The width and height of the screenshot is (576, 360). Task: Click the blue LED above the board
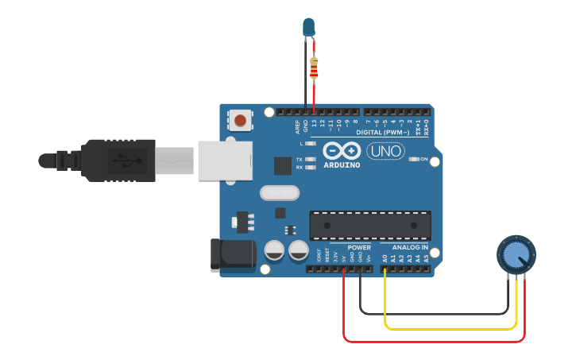[308, 28]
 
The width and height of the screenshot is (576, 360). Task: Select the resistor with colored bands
[314, 68]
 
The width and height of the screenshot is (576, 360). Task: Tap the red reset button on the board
[239, 121]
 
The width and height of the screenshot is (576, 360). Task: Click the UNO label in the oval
[385, 150]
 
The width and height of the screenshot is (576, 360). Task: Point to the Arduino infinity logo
[342, 150]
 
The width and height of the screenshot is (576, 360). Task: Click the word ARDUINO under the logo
[342, 165]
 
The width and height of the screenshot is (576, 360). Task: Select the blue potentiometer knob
[516, 255]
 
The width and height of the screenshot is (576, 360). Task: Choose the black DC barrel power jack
[231, 255]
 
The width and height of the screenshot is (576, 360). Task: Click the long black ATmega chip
[370, 226]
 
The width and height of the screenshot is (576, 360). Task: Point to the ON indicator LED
[414, 159]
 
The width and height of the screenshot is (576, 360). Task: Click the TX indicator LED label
[299, 160]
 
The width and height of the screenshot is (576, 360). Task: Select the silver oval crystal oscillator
[280, 192]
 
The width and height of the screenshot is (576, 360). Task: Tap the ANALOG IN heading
[410, 247]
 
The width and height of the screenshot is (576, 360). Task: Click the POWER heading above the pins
[358, 247]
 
